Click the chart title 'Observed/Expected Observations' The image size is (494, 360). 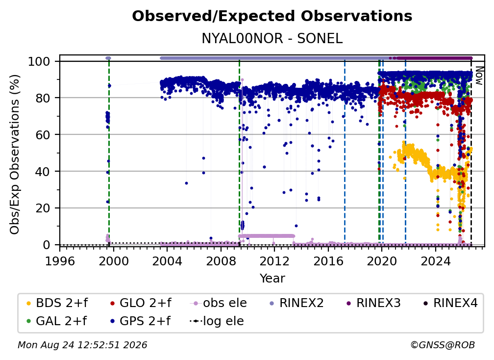click(x=272, y=16)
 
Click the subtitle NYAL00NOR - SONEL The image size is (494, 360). click(x=272, y=38)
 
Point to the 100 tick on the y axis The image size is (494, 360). click(x=39, y=61)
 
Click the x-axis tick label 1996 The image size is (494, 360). click(x=60, y=261)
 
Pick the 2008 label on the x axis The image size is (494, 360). click(x=221, y=261)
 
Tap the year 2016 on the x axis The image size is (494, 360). click(x=328, y=261)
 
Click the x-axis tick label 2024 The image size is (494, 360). click(x=435, y=261)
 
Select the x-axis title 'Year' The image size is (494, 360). click(x=272, y=279)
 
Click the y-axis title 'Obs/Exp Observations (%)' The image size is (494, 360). click(x=15, y=154)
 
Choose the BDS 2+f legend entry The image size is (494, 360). click(x=57, y=303)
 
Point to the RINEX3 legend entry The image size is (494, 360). click(x=373, y=303)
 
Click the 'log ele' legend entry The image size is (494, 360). click(x=217, y=321)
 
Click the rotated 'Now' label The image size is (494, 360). click(x=479, y=76)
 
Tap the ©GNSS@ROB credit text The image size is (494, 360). click(x=443, y=345)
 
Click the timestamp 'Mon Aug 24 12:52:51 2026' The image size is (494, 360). click(x=82, y=345)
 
